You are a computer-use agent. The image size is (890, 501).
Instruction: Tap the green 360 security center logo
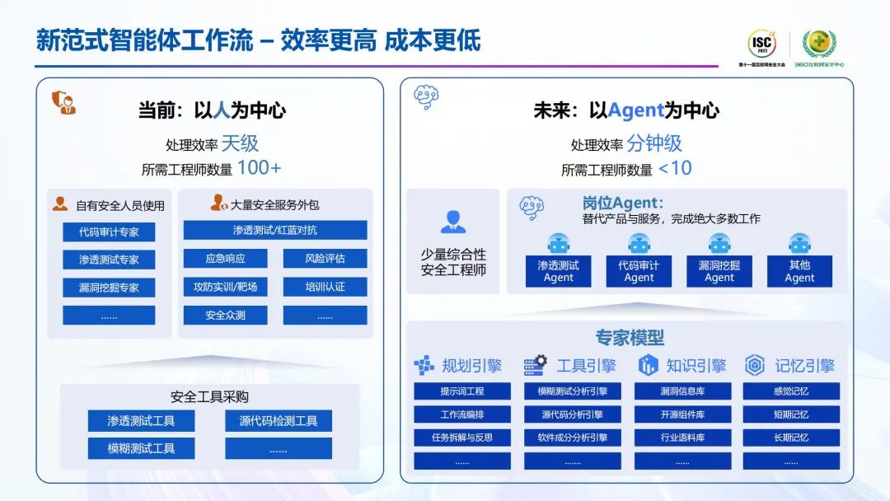click(818, 44)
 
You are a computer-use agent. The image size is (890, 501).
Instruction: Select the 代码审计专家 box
click(109, 232)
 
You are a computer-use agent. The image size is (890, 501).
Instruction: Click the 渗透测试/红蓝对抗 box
click(274, 230)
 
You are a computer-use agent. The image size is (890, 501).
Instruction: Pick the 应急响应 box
click(225, 259)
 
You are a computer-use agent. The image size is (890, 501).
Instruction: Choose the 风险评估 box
click(325, 259)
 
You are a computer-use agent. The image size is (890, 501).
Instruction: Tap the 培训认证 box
click(325, 287)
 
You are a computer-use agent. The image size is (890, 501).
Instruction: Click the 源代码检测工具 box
click(279, 421)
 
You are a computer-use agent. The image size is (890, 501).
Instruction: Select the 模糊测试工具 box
click(142, 448)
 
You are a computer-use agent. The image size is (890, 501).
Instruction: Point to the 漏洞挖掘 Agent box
click(719, 271)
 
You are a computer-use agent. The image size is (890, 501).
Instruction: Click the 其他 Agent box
click(799, 271)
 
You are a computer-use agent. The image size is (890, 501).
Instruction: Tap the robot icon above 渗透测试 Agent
click(559, 243)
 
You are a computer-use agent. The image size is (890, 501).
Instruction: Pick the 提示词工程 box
click(462, 391)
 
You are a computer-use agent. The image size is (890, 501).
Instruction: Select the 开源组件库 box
click(682, 414)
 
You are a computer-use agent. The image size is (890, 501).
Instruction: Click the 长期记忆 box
click(791, 438)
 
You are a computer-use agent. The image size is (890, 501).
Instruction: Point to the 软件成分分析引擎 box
click(573, 438)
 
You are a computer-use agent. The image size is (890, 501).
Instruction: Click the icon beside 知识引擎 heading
click(649, 365)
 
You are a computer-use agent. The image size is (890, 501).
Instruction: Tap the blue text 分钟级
click(654, 143)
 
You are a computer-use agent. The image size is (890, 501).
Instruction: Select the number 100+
click(259, 168)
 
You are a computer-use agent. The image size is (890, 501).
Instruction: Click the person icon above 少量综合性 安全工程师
click(452, 222)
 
